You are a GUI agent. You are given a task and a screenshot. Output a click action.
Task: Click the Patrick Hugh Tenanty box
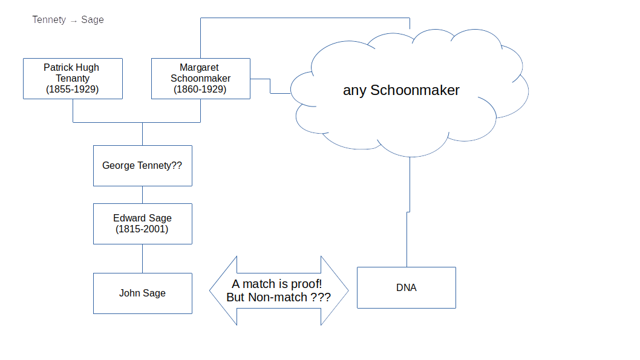click(x=73, y=78)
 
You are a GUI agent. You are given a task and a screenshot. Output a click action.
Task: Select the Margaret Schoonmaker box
click(x=200, y=78)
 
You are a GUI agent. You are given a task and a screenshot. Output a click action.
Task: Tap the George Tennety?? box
click(x=142, y=165)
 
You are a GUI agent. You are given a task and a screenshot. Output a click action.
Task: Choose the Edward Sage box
click(x=142, y=224)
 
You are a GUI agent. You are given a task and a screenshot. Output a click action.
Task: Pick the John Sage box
click(x=142, y=293)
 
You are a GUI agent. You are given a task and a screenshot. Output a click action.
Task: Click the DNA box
click(x=406, y=287)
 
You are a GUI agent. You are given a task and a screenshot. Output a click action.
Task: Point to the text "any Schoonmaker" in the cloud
click(x=401, y=90)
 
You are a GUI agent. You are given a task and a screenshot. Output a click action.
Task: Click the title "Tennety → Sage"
click(x=68, y=20)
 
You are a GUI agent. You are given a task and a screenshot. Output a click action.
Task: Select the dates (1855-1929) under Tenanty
click(x=73, y=90)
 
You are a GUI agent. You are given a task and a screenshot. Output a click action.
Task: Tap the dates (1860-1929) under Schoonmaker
click(x=200, y=90)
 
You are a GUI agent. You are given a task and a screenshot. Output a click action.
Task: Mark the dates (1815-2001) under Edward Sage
click(x=142, y=229)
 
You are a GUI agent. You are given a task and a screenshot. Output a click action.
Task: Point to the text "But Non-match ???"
click(x=278, y=298)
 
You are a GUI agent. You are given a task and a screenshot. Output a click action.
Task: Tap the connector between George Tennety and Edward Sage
click(x=142, y=195)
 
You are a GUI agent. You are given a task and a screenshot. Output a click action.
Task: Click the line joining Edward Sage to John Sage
click(x=142, y=258)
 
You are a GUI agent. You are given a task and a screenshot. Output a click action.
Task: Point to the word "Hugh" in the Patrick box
click(x=87, y=67)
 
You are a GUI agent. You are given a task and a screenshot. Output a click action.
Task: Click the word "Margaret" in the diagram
click(x=199, y=67)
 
